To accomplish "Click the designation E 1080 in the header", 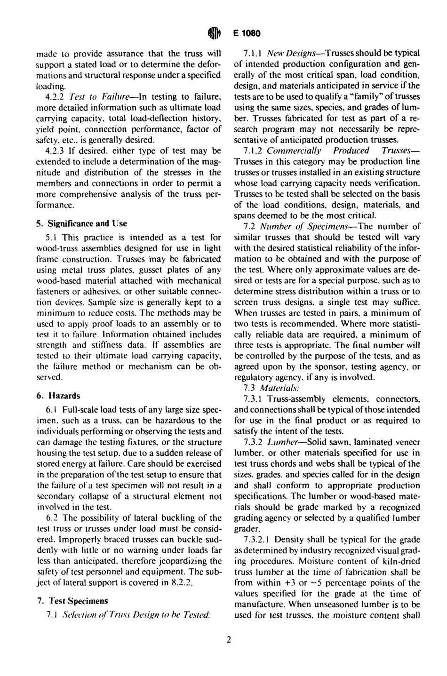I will (245, 33).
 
